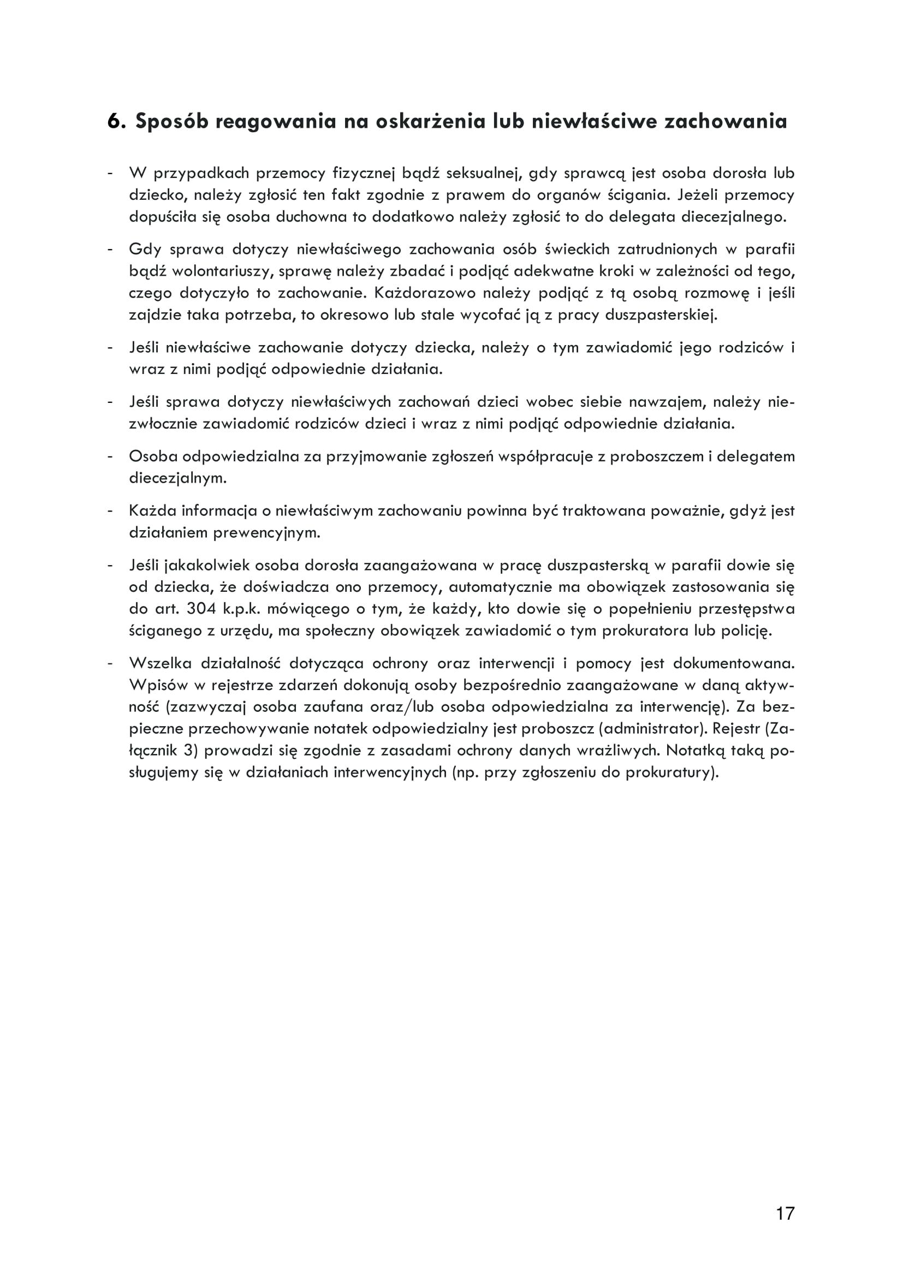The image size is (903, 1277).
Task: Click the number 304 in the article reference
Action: click(198, 609)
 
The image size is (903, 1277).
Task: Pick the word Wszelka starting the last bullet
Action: click(160, 663)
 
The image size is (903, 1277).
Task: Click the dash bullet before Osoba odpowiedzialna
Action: click(111, 456)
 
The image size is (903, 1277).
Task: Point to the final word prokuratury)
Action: click(672, 773)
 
